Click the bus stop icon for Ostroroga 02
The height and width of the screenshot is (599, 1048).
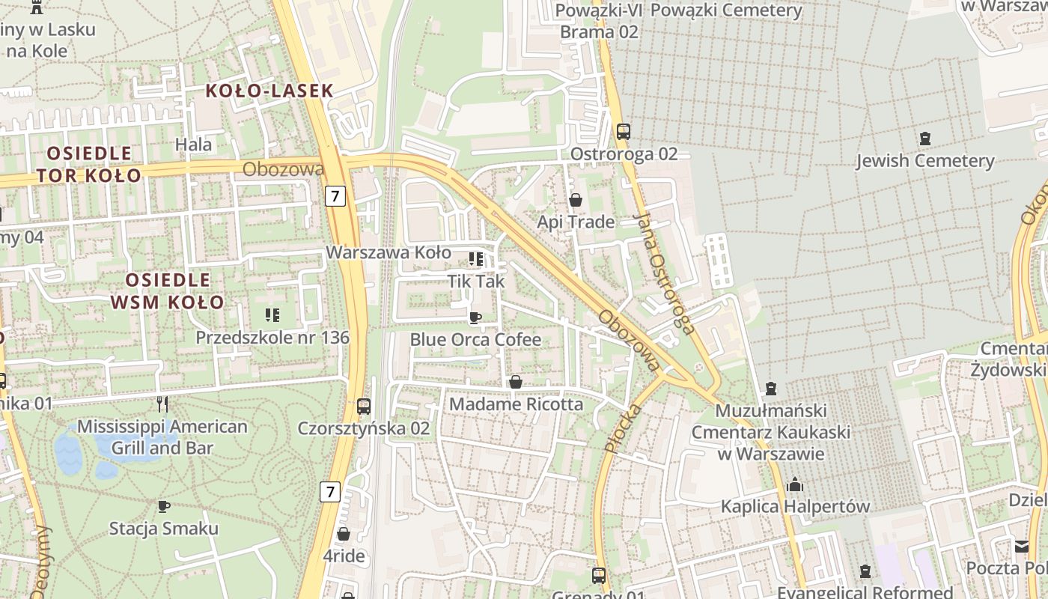pos(624,132)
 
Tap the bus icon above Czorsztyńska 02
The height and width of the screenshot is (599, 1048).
pos(364,407)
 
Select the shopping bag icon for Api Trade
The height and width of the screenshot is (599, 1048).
pos(576,200)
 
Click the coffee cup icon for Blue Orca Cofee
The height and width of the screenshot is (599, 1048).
pos(475,317)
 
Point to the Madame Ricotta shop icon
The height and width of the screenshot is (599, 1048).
pos(516,383)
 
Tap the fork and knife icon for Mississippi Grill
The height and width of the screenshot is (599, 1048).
pos(162,404)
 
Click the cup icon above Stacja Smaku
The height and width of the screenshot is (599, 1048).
pos(164,506)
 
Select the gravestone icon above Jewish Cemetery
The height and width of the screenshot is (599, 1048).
pos(925,139)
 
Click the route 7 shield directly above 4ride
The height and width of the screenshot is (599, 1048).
pos(329,492)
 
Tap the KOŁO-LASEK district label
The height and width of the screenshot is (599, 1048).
pos(269,91)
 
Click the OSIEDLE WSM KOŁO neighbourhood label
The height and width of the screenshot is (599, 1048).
pos(168,291)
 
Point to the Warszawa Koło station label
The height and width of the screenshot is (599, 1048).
pos(389,252)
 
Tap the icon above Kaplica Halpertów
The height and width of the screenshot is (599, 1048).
pos(795,485)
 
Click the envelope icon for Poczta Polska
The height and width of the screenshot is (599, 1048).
pos(1022,546)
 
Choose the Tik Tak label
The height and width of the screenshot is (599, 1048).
pos(476,282)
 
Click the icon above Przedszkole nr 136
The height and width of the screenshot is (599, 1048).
pos(272,315)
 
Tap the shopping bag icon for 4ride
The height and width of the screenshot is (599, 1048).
pos(344,534)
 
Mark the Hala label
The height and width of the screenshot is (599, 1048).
pos(194,145)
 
